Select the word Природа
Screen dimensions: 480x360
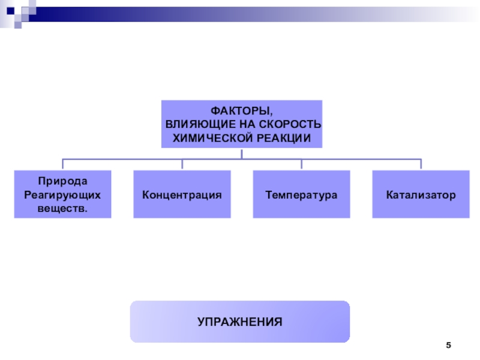[62, 181]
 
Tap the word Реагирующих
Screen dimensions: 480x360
[62, 194]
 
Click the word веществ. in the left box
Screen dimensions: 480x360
[62, 208]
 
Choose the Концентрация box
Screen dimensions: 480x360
[182, 194]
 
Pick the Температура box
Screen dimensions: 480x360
[301, 194]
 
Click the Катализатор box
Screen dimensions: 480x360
[421, 194]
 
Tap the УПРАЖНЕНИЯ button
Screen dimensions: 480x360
[240, 322]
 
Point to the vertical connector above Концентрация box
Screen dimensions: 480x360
[182, 164]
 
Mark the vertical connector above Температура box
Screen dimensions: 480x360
[301, 164]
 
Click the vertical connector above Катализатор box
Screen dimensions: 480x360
[421, 164]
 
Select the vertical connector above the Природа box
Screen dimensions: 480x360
[62, 164]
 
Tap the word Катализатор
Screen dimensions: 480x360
[421, 195]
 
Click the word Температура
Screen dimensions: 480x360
[301, 195]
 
